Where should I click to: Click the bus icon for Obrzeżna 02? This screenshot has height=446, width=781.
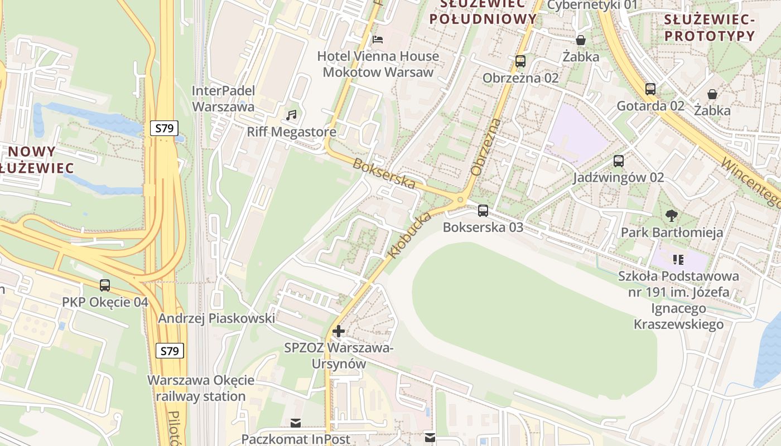click(x=520, y=61)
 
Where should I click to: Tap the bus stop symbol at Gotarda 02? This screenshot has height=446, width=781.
click(x=650, y=89)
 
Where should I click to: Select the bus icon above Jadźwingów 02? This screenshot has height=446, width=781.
click(x=618, y=161)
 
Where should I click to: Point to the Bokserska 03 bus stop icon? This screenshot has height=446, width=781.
click(x=483, y=211)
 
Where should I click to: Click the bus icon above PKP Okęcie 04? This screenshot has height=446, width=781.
click(x=105, y=285)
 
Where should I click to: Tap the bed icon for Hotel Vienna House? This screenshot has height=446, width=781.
click(x=378, y=40)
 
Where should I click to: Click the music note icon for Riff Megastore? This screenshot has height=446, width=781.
click(x=291, y=115)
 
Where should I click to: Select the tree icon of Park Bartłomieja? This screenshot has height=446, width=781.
click(x=672, y=215)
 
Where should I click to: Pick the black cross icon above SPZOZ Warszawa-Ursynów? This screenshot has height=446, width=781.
click(x=338, y=331)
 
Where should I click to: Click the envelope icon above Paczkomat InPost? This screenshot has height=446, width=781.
click(x=295, y=423)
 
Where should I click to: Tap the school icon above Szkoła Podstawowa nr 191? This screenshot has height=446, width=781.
click(x=678, y=259)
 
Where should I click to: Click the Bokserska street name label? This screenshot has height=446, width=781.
click(x=384, y=174)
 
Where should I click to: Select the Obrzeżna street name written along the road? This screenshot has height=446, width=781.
click(x=485, y=147)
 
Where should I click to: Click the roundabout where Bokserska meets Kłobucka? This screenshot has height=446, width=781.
click(x=461, y=200)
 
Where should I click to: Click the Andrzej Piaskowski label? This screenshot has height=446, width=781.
click(x=216, y=318)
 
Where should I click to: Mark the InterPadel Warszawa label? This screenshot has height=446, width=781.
click(x=223, y=99)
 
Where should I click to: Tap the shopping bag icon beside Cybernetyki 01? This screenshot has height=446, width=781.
click(x=581, y=40)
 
